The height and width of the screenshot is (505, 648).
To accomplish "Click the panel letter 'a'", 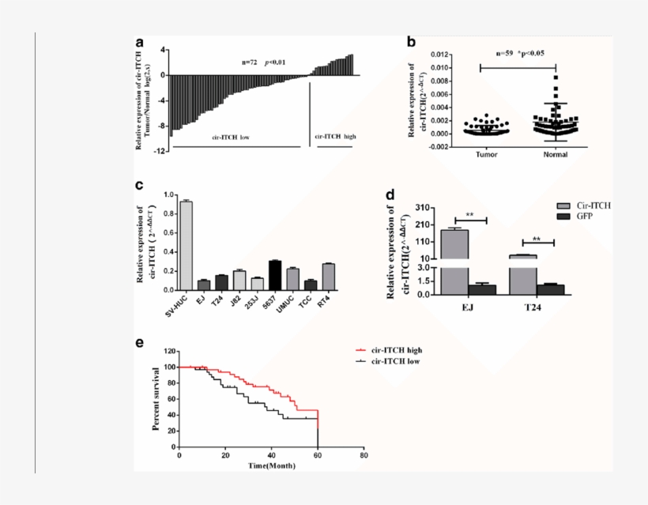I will click(x=139, y=43).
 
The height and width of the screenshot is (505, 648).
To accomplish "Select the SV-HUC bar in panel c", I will click(x=186, y=245).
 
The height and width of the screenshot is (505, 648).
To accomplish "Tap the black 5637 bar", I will click(x=274, y=274).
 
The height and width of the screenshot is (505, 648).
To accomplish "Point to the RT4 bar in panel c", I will click(x=329, y=277).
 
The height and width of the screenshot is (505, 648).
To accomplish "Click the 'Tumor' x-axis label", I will click(x=486, y=155).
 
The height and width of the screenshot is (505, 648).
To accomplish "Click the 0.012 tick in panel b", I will click(x=441, y=55).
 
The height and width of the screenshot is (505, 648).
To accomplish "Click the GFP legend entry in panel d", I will click(x=587, y=216).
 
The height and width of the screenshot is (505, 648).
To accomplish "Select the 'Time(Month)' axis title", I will click(x=273, y=466).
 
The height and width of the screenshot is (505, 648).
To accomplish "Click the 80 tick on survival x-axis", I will click(x=364, y=457).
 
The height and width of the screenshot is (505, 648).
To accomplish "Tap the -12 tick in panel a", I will click(x=158, y=150).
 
